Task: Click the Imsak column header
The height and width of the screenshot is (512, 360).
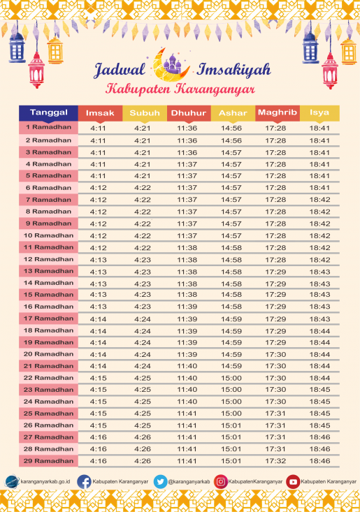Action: pyautogui.click(x=99, y=113)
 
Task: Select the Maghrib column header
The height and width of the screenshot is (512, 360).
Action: pyautogui.click(x=277, y=112)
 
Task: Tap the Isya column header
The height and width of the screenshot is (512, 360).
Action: pyautogui.click(x=319, y=113)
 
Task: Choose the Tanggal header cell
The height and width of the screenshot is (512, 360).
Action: pyautogui.click(x=49, y=112)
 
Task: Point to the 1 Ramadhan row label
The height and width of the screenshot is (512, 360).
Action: pyautogui.click(x=49, y=128)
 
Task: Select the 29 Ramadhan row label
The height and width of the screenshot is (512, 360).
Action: pyautogui.click(x=49, y=461)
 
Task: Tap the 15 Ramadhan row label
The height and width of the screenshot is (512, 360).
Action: pyautogui.click(x=49, y=294)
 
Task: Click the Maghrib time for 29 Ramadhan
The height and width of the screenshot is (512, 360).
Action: pyautogui.click(x=275, y=461)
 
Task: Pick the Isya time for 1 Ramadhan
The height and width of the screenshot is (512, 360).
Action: pyautogui.click(x=319, y=129)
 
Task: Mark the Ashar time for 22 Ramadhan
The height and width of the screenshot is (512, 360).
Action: pyautogui.click(x=231, y=378)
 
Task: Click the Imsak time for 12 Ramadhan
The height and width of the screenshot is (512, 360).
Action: pyautogui.click(x=99, y=259)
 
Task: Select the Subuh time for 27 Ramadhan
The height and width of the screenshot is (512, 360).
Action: pyautogui.click(x=143, y=437)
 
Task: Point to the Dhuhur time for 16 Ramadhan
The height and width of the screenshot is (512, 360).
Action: pyautogui.click(x=187, y=307)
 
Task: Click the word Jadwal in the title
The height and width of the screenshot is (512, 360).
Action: pyautogui.click(x=120, y=70)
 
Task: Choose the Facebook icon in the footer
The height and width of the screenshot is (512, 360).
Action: pyautogui.click(x=84, y=481)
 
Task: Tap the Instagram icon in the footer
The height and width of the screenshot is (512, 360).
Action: pyautogui.click(x=221, y=481)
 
